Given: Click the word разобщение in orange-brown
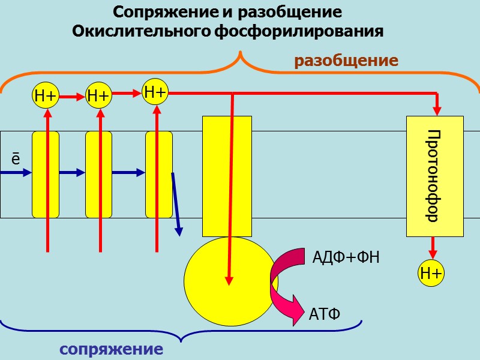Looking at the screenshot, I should click(x=346, y=61).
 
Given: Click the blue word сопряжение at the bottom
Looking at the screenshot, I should click(x=111, y=349).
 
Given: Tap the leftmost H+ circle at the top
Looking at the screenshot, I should click(x=46, y=95).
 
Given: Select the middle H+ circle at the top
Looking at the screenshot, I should click(x=98, y=95).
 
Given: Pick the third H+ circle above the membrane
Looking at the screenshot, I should click(x=155, y=92).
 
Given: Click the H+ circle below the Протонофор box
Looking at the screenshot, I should click(x=431, y=274).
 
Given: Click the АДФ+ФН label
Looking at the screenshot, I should click(x=346, y=258).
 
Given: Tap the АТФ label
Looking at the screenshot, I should click(x=325, y=314).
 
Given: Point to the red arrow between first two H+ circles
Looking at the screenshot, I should click(x=72, y=95).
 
